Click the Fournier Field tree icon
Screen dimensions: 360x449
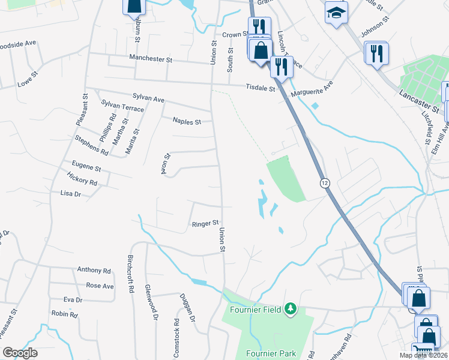[x=291, y=309]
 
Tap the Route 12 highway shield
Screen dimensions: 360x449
[x=325, y=182]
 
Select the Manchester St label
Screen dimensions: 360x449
[x=151, y=59]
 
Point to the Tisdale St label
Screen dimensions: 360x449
[x=260, y=88]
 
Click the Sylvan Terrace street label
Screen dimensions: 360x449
[x=122, y=107]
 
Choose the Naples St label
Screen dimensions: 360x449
[x=186, y=121]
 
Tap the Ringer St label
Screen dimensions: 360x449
[x=205, y=224]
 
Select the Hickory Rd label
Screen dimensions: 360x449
[x=82, y=181]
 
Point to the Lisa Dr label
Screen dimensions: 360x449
[x=70, y=193]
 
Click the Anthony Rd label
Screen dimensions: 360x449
[x=94, y=270]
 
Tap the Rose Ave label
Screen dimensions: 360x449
[x=100, y=286]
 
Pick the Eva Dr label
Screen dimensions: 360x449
[x=73, y=299]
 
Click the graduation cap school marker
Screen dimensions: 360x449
[x=336, y=11]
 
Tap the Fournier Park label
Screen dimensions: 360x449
[x=271, y=354]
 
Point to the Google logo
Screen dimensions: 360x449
[x=20, y=352]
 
